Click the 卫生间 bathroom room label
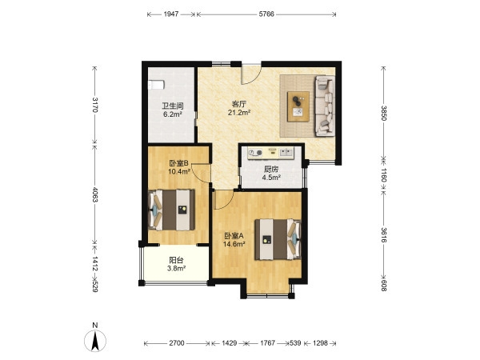pos(173,106)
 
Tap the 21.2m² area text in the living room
pos(239,113)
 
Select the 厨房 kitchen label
pos(271,169)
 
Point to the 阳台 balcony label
pos(176,260)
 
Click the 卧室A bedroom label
pos(234,236)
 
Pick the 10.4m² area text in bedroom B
pos(179,171)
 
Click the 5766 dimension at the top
pos(266,14)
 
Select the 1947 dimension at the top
pos(171,14)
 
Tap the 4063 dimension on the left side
pos(95,194)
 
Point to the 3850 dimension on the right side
pos(384,114)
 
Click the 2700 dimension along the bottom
pos(177,343)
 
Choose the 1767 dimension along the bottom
pos(267,343)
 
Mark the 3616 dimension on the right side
pos(384,234)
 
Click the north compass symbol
pos(95,340)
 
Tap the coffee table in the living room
pos(298,106)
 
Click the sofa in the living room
pos(325,106)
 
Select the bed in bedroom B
pos(171,210)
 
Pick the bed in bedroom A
pos(278,239)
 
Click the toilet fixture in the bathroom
pos(156,85)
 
